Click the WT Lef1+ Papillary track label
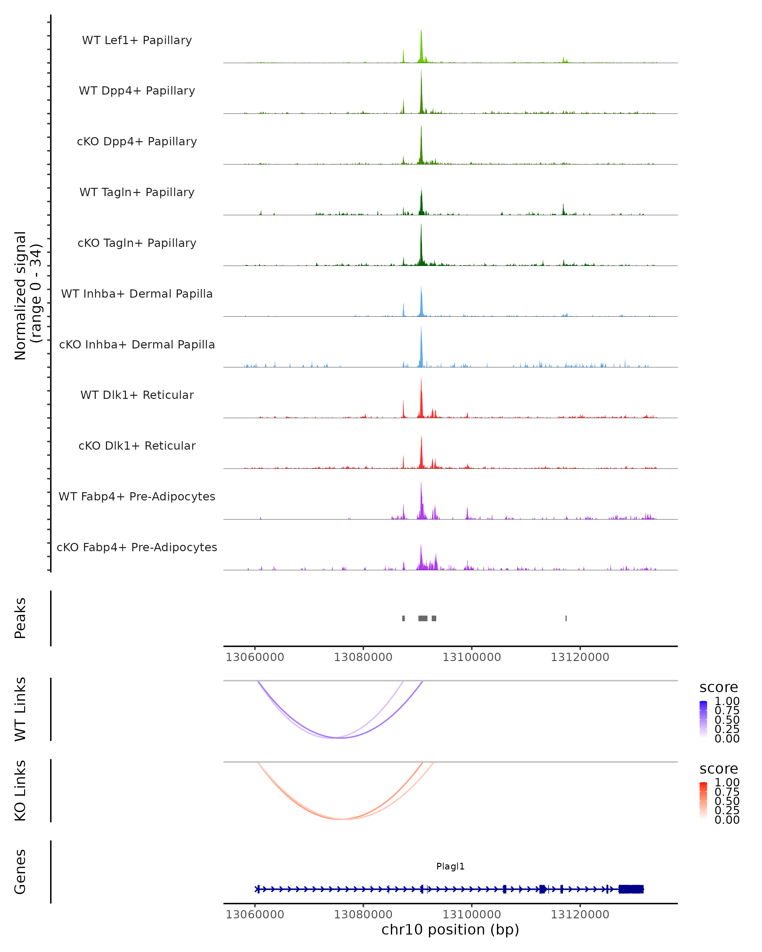click(137, 40)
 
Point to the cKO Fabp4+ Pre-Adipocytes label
click(137, 547)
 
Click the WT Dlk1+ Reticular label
click(137, 395)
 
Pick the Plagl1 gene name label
click(450, 866)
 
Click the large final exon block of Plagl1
click(631, 889)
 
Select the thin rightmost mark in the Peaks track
click(566, 618)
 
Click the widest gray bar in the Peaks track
click(423, 618)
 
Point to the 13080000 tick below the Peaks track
click(363, 657)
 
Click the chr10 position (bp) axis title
click(450, 930)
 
